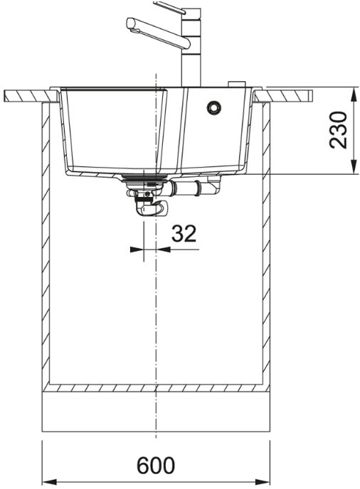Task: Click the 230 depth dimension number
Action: coord(337,130)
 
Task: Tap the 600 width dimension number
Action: coord(156,466)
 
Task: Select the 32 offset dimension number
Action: coord(184,233)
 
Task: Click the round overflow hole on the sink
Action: coord(214,107)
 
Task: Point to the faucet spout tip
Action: coord(131,24)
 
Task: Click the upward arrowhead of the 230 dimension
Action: coord(353,93)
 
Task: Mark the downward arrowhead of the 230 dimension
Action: coord(353,166)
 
